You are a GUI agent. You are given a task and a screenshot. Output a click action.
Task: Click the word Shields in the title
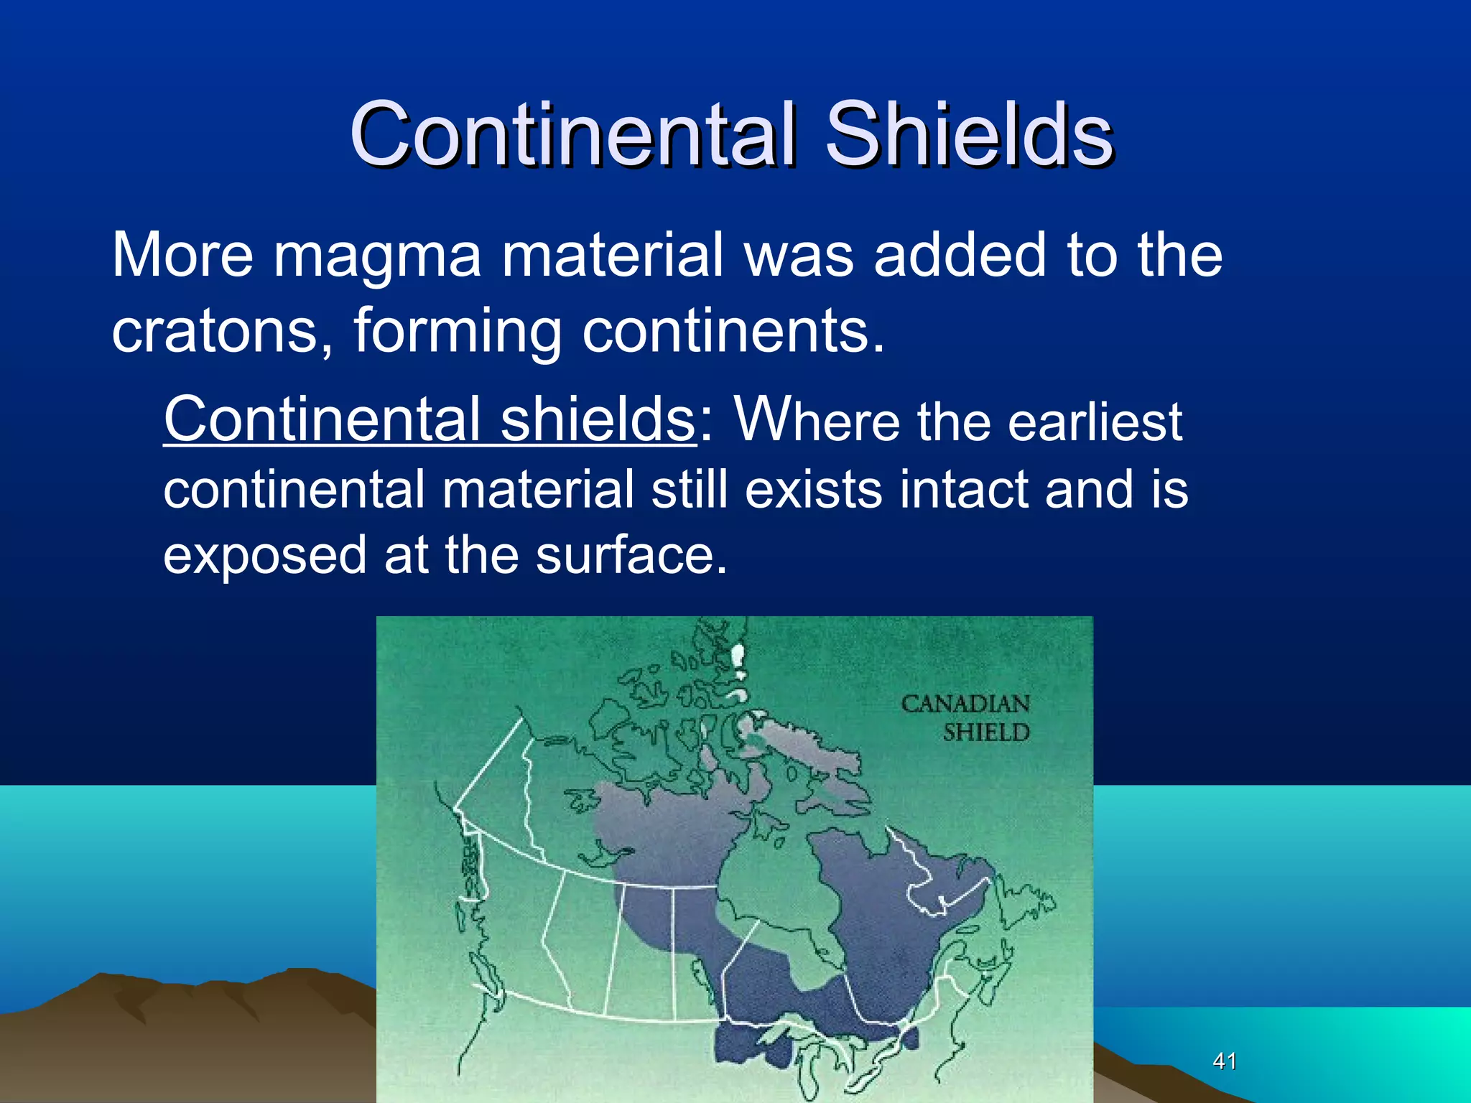(969, 134)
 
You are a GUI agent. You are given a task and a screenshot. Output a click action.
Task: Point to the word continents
(733, 332)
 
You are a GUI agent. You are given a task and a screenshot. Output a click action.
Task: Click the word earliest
(1095, 422)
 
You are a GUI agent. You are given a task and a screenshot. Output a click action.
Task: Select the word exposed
(265, 557)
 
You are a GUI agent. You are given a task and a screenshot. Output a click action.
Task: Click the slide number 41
(1225, 1061)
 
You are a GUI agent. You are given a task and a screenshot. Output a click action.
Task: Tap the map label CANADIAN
(965, 704)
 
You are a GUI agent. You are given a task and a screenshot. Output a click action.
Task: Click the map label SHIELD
(986, 733)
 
